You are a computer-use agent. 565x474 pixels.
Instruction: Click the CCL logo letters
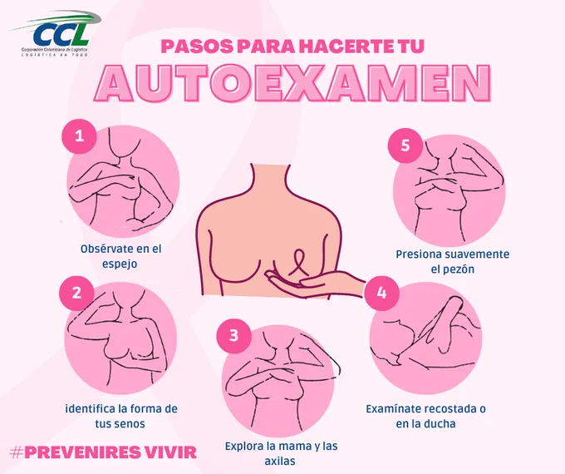pyautogui.click(x=60, y=33)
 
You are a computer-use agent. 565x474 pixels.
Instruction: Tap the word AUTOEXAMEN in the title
pyautogui.click(x=292, y=83)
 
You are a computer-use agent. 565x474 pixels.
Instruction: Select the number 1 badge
pyautogui.click(x=79, y=136)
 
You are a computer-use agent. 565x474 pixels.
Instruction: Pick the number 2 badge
pyautogui.click(x=76, y=293)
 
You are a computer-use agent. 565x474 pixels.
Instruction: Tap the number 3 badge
pyautogui.click(x=233, y=335)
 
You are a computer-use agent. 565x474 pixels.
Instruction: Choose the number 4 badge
pyautogui.click(x=381, y=293)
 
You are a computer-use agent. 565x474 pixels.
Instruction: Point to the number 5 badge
pyautogui.click(x=405, y=145)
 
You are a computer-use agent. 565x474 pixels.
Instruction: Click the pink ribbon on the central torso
pyautogui.click(x=299, y=262)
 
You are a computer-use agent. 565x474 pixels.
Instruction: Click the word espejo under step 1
pyautogui.click(x=120, y=264)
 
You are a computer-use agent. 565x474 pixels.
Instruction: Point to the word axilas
pyautogui.click(x=280, y=461)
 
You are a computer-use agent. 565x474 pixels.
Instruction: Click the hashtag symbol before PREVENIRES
pyautogui.click(x=16, y=452)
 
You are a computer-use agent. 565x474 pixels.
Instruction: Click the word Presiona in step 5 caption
pyautogui.click(x=419, y=254)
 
